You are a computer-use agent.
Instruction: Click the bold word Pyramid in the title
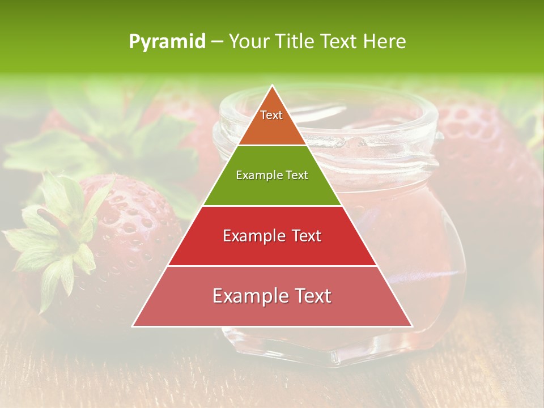[167, 42]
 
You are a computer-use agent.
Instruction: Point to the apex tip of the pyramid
[273, 87]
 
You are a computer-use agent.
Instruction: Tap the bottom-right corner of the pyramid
[411, 325]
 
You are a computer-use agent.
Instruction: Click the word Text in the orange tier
[271, 115]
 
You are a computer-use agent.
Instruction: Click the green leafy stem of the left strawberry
[54, 238]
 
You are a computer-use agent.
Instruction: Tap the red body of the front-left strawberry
[130, 238]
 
